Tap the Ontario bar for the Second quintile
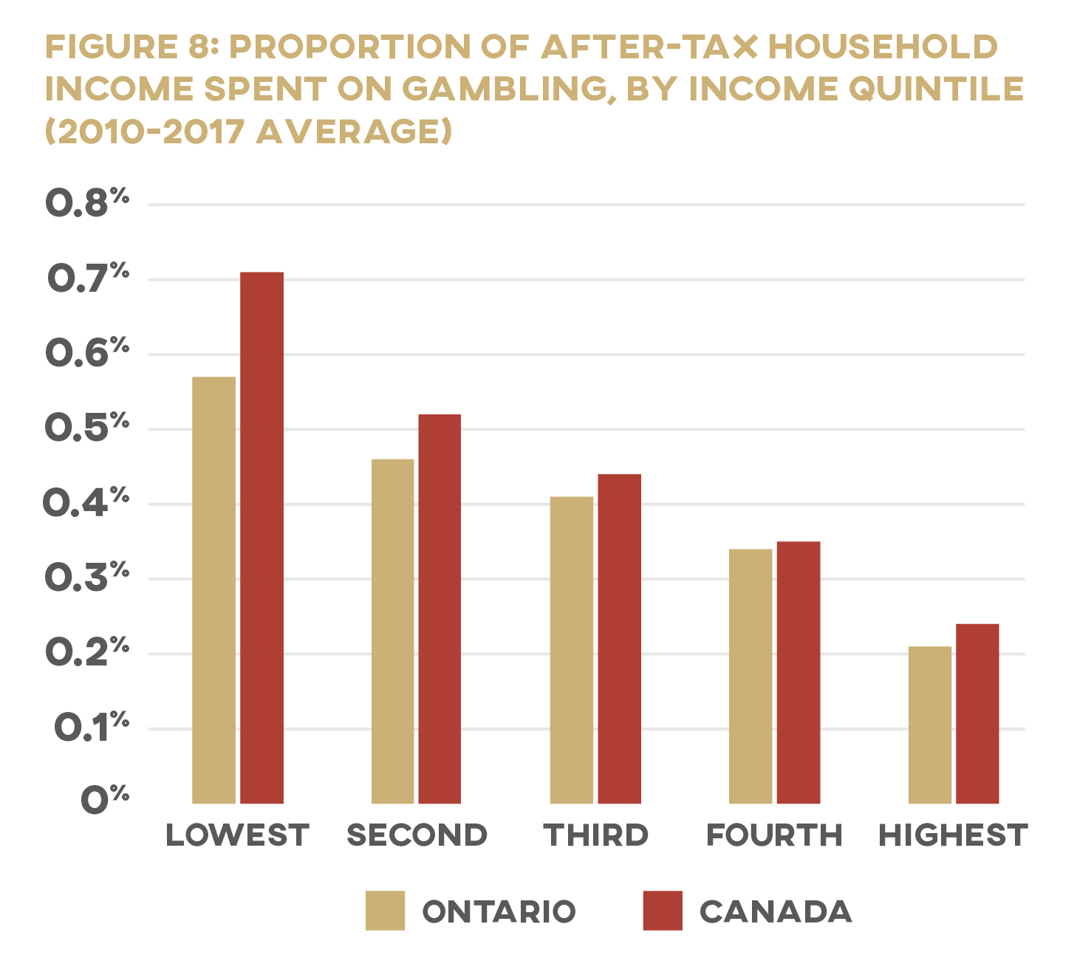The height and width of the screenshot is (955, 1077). point(392,631)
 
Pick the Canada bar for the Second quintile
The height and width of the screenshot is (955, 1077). point(440,609)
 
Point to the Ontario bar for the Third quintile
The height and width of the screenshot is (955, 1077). point(571,650)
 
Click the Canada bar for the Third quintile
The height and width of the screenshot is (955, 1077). point(619,638)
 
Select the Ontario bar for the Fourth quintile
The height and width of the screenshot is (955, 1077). point(750,676)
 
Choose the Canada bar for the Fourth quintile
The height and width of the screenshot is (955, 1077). point(798,672)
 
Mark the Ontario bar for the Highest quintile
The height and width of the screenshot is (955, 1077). point(929,725)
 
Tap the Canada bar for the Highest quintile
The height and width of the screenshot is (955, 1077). point(977,713)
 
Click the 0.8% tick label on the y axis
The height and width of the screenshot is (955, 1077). point(87,203)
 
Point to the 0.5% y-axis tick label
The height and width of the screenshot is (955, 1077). point(87,428)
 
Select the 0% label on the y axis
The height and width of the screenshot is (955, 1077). point(104,800)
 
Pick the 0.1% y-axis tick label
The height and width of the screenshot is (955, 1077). point(91,728)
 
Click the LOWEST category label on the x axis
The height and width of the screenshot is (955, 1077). point(237,835)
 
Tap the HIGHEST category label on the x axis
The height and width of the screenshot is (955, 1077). point(953,835)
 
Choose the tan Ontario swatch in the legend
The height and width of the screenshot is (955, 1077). point(385,910)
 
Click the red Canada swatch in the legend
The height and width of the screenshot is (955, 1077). point(663,910)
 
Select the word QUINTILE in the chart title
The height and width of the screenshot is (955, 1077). point(936,89)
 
